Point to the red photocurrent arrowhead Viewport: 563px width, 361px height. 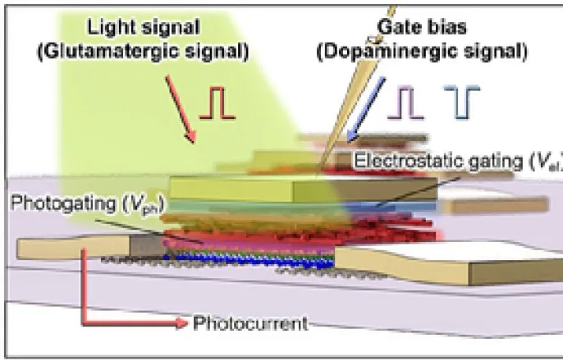(x=181, y=323)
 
